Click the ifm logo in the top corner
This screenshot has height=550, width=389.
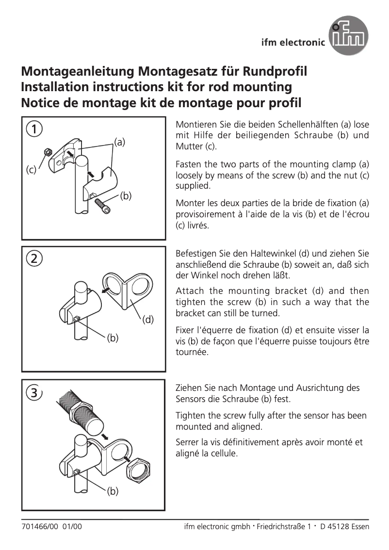348,35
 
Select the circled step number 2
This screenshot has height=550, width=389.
33,258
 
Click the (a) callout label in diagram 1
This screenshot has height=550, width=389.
120,142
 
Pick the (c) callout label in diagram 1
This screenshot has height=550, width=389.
31,170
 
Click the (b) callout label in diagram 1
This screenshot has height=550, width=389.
126,196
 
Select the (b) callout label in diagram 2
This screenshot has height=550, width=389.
113,338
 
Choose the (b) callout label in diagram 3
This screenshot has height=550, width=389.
113,492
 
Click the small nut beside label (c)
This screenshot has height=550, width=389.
48,152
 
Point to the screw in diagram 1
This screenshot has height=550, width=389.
103,205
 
